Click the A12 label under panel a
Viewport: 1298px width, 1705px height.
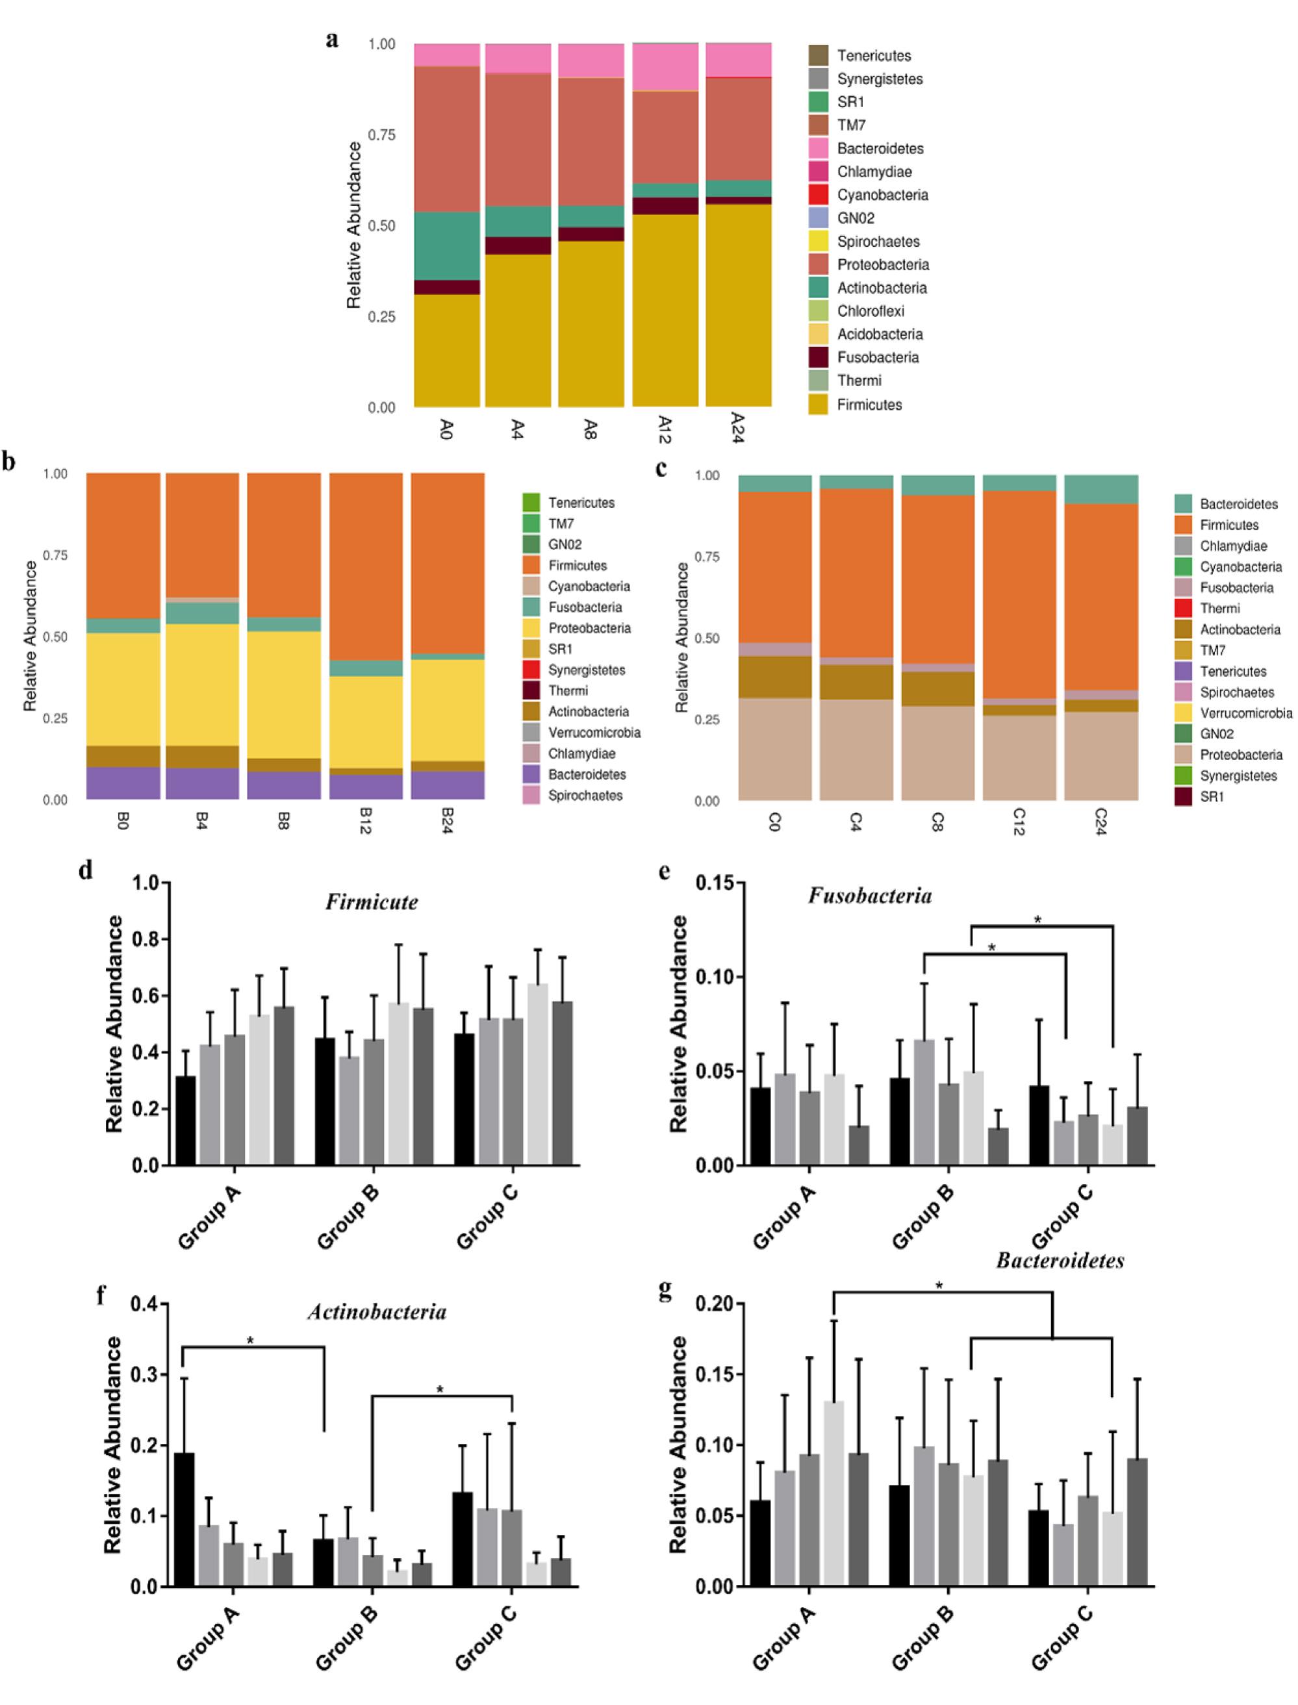pos(664,429)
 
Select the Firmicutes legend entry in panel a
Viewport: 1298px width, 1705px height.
pos(869,405)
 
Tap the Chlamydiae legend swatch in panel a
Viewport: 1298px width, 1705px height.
pos(818,171)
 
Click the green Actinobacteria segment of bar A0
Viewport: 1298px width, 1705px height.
pos(446,246)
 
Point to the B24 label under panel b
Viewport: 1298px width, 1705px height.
pos(446,820)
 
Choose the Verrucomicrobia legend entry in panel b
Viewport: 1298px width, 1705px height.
pos(593,733)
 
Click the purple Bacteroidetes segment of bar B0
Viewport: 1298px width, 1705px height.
pos(123,783)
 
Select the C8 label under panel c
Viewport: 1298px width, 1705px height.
pos(937,820)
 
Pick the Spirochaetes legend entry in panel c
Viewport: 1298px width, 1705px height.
pos(1236,692)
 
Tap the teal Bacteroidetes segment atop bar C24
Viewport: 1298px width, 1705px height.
pos(1101,490)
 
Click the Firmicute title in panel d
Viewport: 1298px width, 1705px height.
pos(372,902)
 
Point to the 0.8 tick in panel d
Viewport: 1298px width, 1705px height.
pos(146,939)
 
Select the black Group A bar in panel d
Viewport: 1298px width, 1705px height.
pos(185,1120)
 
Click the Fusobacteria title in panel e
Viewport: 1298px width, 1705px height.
pos(870,896)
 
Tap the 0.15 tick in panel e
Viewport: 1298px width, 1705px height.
pos(715,883)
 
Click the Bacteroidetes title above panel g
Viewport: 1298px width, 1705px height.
pos(1060,1261)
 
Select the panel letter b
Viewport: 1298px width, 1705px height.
pos(9,462)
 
